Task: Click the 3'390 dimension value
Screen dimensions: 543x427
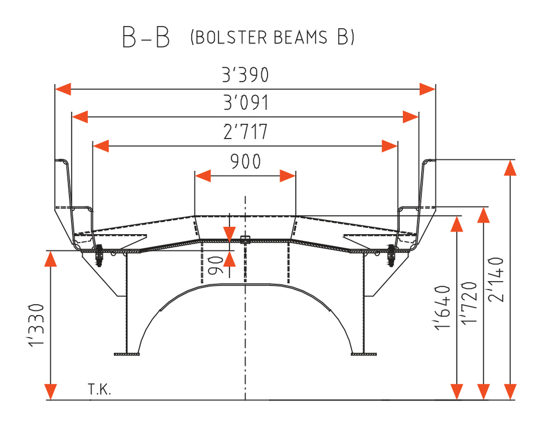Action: pos(245,75)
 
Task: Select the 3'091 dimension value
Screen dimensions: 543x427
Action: pos(246,102)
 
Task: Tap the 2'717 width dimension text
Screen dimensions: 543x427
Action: pos(245,132)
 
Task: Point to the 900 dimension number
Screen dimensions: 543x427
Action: pos(245,161)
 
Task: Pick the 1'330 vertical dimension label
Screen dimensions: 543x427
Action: pos(36,325)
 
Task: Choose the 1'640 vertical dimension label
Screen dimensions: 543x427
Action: pos(442,308)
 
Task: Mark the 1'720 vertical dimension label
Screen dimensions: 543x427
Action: pos(469,303)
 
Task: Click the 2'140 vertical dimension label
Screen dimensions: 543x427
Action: pos(495,279)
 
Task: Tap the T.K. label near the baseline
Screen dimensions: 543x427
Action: pos(100,390)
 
